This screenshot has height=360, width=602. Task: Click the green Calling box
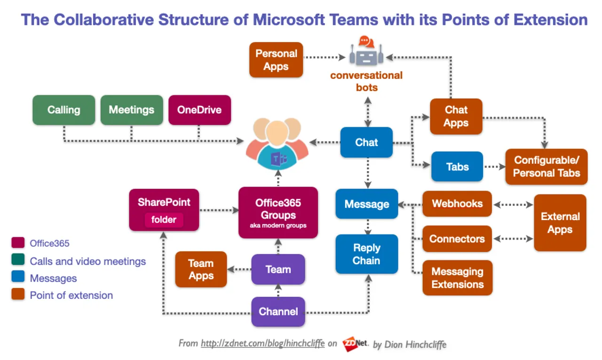pyautogui.click(x=63, y=110)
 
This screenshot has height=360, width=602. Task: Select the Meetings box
pyautogui.click(x=132, y=110)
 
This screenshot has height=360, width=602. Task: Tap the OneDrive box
pyautogui.click(x=199, y=110)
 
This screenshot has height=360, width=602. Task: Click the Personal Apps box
pyautogui.click(x=276, y=60)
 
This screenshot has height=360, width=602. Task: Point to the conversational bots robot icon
pyautogui.click(x=366, y=51)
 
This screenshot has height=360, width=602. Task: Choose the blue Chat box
pyautogui.click(x=366, y=142)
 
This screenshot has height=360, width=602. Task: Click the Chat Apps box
pyautogui.click(x=456, y=117)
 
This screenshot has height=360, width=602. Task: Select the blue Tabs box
pyautogui.click(x=457, y=166)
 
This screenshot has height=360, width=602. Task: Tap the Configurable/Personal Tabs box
pyautogui.click(x=547, y=167)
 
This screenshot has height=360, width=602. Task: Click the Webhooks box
pyautogui.click(x=457, y=204)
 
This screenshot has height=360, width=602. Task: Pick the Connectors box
pyautogui.click(x=457, y=239)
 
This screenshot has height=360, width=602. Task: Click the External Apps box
pyautogui.click(x=560, y=223)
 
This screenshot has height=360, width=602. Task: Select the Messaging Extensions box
pyautogui.click(x=457, y=278)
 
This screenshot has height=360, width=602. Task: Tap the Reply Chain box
pyautogui.click(x=366, y=254)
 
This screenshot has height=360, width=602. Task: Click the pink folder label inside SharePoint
pyautogui.click(x=164, y=219)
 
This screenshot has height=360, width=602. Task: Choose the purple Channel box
pyautogui.click(x=278, y=312)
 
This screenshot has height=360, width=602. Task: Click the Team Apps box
pyautogui.click(x=201, y=269)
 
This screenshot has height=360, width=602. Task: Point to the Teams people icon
pyautogui.click(x=277, y=145)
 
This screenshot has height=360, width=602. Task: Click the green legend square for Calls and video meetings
pyautogui.click(x=18, y=261)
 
